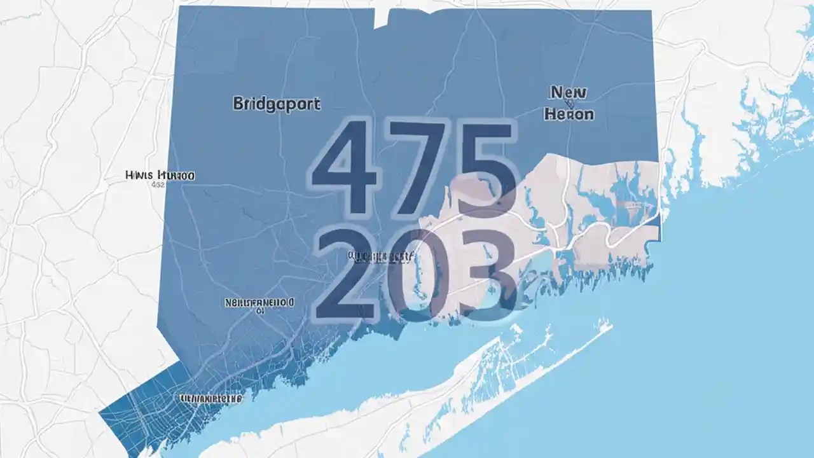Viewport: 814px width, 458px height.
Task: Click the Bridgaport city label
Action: click(277, 104)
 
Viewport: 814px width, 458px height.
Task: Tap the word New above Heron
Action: click(567, 94)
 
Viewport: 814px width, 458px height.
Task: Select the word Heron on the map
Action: click(570, 114)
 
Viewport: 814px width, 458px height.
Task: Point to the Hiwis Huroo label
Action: click(160, 175)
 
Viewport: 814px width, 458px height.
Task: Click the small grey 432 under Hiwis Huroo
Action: click(157, 185)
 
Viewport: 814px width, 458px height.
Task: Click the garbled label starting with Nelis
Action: click(260, 302)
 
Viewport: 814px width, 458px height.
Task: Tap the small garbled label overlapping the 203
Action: click(380, 257)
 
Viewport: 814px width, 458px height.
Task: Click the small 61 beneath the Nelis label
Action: click(259, 312)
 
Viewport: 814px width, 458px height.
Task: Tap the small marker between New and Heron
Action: click(568, 104)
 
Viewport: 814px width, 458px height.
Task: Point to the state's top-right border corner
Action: click(651, 11)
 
